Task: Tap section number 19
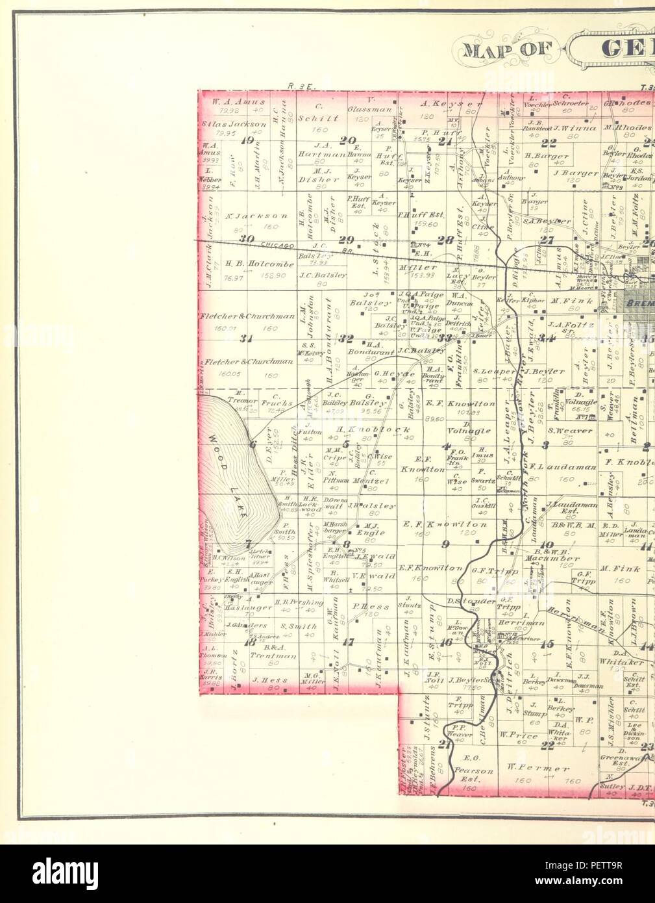coord(246,140)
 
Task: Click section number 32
coord(345,338)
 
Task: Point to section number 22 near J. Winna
coord(549,143)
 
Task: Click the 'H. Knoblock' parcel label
coord(373,430)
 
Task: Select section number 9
coord(445,544)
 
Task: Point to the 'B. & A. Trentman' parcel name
coord(273,652)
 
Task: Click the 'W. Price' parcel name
coord(518,736)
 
